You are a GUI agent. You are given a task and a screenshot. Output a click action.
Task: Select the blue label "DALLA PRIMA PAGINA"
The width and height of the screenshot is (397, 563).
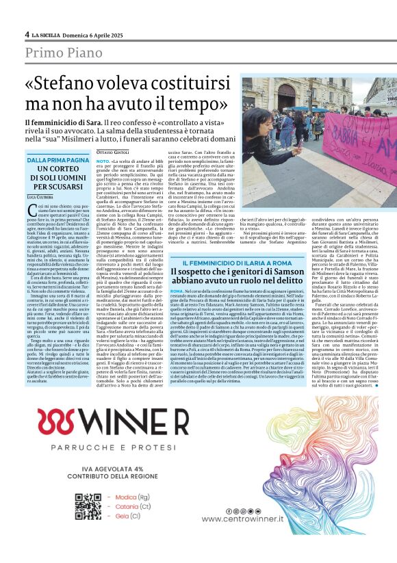tap(57, 160)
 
